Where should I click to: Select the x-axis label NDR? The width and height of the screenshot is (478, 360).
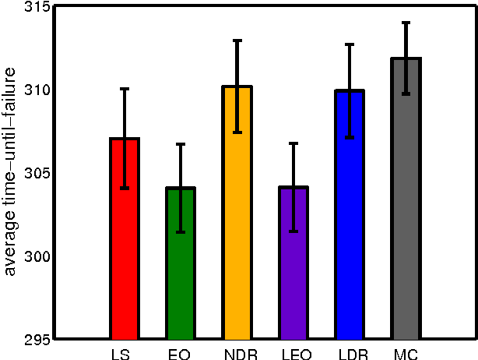[237, 354]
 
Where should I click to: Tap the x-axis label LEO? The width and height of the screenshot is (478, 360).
[293, 354]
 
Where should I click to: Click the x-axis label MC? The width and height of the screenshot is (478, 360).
[406, 354]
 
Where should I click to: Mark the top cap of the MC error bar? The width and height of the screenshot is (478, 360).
[406, 23]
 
